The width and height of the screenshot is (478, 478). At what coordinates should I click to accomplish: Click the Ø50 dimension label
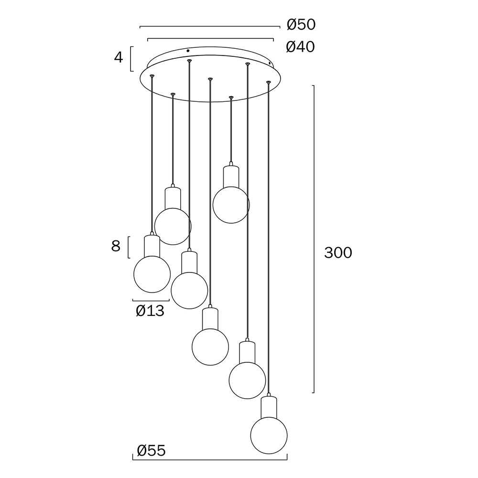point(301,24)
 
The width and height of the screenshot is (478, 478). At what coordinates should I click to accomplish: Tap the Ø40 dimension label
point(301,47)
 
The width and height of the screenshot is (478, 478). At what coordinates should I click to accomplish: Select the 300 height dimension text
point(338,253)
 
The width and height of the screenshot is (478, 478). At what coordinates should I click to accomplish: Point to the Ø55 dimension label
point(151,451)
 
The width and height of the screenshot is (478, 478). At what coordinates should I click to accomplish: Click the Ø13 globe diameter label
point(150,311)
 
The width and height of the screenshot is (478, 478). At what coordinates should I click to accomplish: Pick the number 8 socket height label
point(116,246)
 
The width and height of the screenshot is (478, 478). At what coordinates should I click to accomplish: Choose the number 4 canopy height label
point(119,57)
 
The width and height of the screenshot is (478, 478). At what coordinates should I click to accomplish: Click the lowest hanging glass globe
point(269,435)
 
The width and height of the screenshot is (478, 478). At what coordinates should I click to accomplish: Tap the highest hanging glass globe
point(231,205)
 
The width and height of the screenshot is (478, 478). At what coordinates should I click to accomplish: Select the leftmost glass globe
point(152,274)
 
